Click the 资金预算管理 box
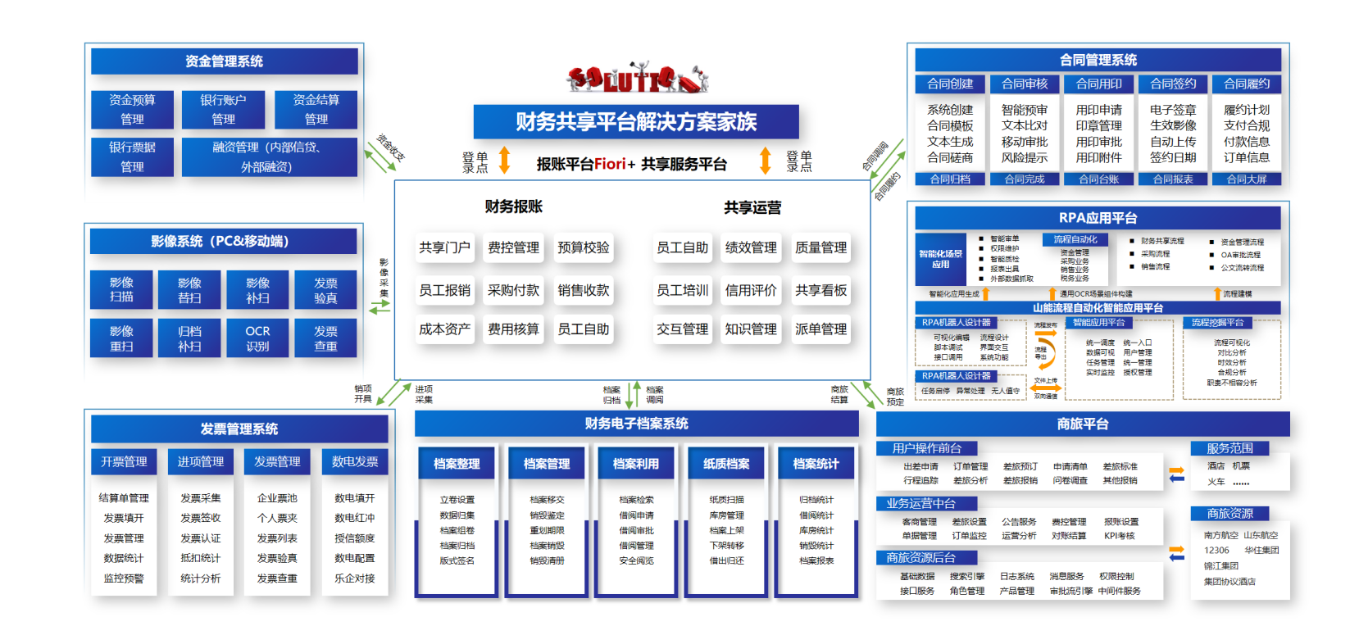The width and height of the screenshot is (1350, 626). (132, 109)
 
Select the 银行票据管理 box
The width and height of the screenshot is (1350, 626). (132, 156)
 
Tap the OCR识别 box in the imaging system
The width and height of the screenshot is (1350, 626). (257, 338)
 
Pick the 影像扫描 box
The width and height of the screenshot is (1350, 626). (121, 289)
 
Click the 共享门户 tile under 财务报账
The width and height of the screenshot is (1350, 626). (444, 247)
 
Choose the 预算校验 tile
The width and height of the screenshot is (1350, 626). (583, 247)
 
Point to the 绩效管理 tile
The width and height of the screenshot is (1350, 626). (751, 247)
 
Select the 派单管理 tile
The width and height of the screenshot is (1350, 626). (820, 329)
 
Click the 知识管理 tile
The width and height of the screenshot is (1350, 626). (751, 329)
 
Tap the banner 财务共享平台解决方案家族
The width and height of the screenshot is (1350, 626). (636, 122)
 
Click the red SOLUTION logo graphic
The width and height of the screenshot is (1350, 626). (637, 79)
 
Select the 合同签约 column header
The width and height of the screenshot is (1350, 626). (1173, 84)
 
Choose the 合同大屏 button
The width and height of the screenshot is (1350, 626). (1246, 179)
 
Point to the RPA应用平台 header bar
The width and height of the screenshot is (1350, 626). (1098, 218)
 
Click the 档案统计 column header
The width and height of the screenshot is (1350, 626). (816, 464)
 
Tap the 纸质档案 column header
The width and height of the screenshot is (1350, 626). (726, 464)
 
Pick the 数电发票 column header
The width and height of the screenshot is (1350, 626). (355, 461)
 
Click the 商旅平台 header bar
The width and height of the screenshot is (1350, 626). (1083, 424)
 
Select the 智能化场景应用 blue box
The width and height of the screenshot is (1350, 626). (940, 259)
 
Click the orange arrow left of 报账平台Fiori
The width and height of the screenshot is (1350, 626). (505, 160)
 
